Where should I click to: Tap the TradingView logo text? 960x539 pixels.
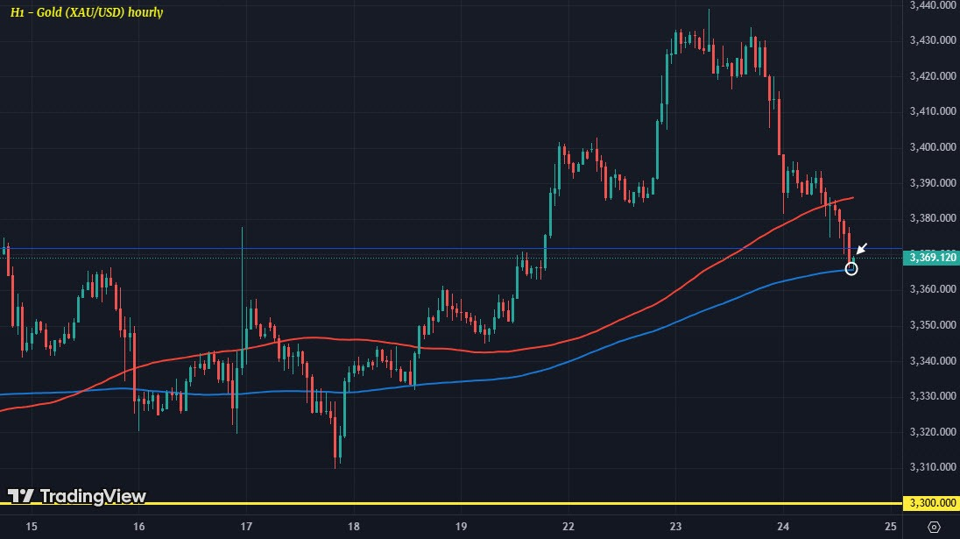tap(77, 496)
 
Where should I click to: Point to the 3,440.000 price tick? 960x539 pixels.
tap(931, 5)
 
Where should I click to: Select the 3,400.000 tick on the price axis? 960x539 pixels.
tap(931, 147)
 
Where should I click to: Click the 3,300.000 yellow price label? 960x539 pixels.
tap(931, 503)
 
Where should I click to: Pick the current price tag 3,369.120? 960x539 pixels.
tap(931, 258)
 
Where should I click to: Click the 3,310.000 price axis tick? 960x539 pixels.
tap(931, 467)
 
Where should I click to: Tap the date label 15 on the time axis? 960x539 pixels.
tap(32, 526)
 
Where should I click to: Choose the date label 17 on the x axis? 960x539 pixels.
tap(246, 526)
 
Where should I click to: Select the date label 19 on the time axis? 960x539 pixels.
tap(462, 526)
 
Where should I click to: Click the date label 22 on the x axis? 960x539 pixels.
tap(568, 526)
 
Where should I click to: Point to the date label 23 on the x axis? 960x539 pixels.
tap(676, 526)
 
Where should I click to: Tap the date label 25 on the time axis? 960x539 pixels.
tap(891, 526)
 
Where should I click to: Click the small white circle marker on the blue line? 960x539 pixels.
tap(850, 268)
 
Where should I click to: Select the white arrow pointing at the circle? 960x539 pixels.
tap(862, 249)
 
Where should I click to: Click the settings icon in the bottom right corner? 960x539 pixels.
tap(934, 526)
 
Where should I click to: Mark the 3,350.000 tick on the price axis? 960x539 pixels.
tap(931, 325)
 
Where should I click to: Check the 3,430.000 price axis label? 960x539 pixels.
tap(931, 40)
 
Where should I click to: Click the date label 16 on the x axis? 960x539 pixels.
tap(138, 526)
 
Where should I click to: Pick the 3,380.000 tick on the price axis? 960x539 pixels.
tap(931, 218)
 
